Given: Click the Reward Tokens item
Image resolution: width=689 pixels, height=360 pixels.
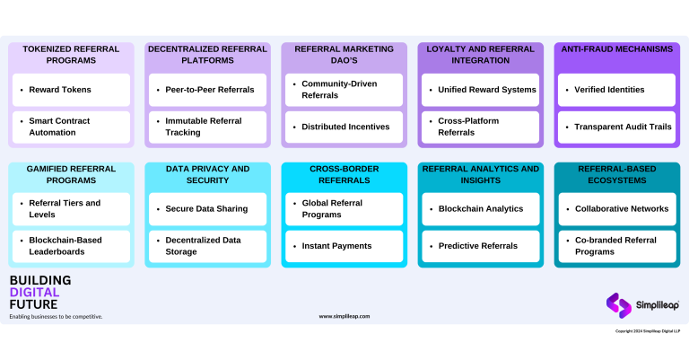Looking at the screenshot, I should click(71, 90).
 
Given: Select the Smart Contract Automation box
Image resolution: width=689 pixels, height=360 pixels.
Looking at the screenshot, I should click(71, 127).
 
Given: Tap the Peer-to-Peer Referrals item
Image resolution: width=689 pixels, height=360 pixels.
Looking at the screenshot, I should click(207, 90).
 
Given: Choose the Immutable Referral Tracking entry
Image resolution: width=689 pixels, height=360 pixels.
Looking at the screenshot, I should click(207, 127).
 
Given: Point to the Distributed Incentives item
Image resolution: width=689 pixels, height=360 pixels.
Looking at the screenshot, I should click(344, 127).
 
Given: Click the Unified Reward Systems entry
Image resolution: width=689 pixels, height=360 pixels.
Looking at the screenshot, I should click(480, 90).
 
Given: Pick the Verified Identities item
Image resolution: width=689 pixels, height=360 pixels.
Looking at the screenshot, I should click(616, 90).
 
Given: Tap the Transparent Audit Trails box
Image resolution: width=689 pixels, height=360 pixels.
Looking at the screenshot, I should click(616, 127).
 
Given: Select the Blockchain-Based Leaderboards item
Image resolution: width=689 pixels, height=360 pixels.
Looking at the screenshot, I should click(71, 246).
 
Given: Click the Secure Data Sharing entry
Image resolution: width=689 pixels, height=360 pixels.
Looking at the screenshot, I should click(207, 208).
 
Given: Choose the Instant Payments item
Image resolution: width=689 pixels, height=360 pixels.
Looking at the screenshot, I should click(344, 246).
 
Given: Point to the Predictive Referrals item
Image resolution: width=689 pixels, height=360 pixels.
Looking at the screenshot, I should click(480, 246).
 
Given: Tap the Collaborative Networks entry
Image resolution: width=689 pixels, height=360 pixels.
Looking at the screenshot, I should click(616, 208).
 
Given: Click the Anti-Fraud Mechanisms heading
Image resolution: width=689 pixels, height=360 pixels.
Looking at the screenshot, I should click(616, 49).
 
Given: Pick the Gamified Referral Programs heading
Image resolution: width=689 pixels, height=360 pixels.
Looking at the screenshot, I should click(71, 174).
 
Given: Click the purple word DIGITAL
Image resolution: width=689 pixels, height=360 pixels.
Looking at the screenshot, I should click(34, 292).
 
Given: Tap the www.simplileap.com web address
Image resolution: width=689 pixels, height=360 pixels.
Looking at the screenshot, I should click(344, 316).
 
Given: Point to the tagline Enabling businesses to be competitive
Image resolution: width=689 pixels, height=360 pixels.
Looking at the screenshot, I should click(56, 316).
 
